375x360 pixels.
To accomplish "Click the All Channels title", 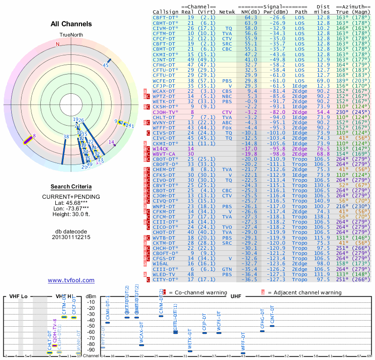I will (71, 24).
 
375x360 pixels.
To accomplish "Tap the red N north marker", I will (58, 45).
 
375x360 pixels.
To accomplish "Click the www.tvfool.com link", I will (71, 280).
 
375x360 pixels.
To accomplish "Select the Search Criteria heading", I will (71, 187).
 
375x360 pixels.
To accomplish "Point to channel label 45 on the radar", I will (105, 66).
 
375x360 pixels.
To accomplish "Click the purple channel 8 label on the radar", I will (34, 136).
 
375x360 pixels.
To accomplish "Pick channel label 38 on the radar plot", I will (66, 137).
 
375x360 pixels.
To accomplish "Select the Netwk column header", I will (227, 11).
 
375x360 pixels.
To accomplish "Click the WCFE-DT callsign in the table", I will (165, 80).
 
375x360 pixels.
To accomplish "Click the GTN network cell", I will (227, 269).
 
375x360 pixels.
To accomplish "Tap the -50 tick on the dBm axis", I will (91, 326).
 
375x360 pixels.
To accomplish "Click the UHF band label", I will (236, 297).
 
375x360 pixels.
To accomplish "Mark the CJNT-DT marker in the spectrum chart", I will (272, 325).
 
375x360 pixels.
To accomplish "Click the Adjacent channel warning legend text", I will (303, 292).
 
